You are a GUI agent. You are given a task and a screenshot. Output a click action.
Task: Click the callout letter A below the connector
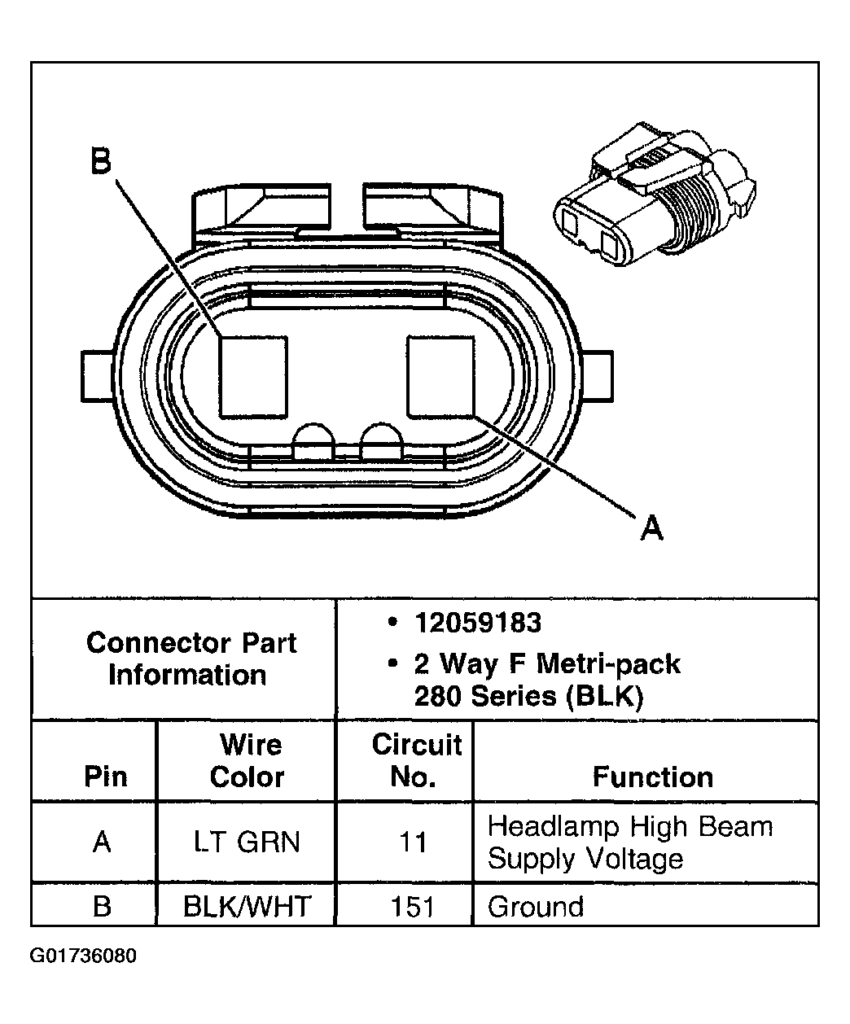[651, 528]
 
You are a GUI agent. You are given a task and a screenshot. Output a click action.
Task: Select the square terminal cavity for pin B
[253, 376]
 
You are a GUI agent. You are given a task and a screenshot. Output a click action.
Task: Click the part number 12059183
[477, 623]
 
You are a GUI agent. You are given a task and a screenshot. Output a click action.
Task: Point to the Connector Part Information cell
[191, 659]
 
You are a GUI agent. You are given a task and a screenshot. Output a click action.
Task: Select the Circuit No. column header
[415, 760]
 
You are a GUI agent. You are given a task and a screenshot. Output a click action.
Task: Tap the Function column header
[652, 777]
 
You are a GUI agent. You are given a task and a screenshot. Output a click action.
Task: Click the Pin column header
[105, 777]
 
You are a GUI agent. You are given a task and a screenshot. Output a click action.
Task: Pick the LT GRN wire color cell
[247, 842]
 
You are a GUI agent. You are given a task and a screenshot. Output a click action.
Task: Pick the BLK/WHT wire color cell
[247, 906]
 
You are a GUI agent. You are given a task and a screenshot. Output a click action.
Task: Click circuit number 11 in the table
[413, 842]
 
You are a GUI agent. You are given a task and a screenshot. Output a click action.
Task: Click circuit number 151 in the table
[413, 906]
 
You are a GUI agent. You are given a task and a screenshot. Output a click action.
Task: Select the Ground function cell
[536, 906]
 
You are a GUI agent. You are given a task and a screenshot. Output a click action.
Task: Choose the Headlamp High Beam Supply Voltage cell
[629, 842]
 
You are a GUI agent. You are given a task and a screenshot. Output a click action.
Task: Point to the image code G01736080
[83, 956]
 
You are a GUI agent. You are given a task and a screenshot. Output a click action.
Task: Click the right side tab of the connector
[599, 375]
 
